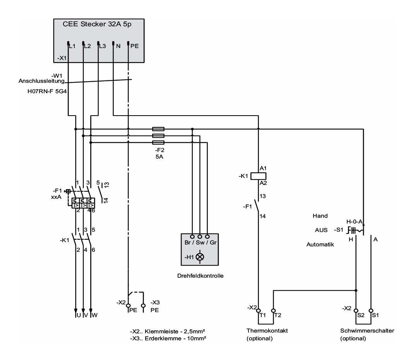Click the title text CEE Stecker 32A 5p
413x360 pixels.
coord(97,24)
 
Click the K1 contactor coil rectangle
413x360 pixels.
coord(258,176)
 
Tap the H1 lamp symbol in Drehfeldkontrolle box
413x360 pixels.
coord(200,257)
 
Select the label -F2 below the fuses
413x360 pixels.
coord(159,150)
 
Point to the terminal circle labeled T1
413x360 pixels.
coord(259,311)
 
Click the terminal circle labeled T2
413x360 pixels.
coord(273,311)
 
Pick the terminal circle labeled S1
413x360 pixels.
coord(371,311)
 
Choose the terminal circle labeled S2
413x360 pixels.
coord(356,311)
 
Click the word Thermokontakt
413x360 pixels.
coord(267,331)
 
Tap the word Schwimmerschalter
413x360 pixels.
coord(367,331)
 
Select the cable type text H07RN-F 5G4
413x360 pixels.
coord(47,92)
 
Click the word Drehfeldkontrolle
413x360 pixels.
coord(200,276)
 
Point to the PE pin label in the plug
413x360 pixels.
coord(135,46)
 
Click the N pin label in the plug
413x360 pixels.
coord(118,46)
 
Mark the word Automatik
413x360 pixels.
coord(320,244)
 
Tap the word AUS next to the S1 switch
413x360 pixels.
coord(321,230)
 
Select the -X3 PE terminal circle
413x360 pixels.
coord(143,306)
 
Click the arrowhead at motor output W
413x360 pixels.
coord(91,311)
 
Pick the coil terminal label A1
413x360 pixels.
coord(263,168)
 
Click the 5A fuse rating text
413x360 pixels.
coord(159,157)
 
